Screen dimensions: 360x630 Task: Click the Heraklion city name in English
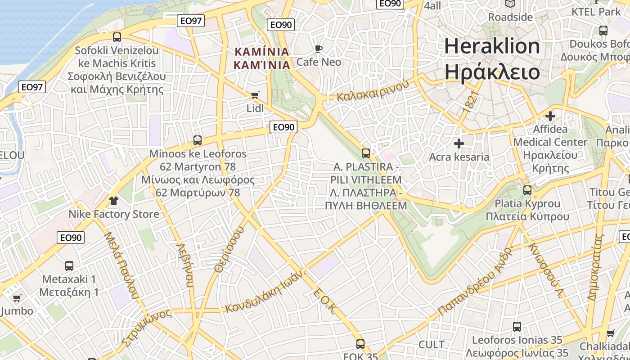click(x=492, y=47)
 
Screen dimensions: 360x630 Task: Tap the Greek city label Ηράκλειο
click(x=492, y=72)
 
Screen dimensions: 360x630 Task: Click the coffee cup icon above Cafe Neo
click(x=319, y=49)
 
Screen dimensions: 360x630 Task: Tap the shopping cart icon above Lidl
click(x=255, y=95)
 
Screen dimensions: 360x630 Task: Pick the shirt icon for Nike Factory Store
click(x=113, y=200)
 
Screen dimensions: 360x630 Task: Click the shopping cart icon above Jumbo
click(x=17, y=298)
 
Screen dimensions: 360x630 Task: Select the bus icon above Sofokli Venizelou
click(x=117, y=37)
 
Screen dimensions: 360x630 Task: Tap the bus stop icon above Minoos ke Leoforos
click(x=197, y=140)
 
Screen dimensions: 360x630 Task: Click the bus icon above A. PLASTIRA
click(x=366, y=153)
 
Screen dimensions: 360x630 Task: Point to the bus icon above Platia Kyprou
click(x=527, y=190)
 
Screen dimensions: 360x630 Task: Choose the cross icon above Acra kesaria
click(x=459, y=144)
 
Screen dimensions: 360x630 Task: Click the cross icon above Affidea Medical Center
click(x=550, y=116)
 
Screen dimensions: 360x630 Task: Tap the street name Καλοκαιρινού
click(x=373, y=90)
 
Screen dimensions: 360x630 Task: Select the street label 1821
click(x=469, y=102)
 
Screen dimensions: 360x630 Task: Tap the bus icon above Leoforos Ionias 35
click(x=517, y=326)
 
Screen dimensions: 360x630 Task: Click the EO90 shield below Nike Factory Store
click(x=71, y=238)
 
